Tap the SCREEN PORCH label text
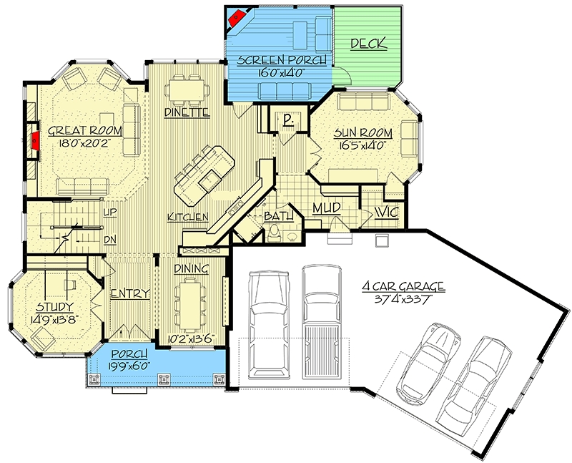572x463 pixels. (281, 60)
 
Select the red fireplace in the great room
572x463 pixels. (35, 140)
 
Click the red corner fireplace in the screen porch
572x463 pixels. (237, 16)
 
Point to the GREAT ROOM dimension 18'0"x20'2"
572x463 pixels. (84, 142)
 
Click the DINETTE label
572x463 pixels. (187, 112)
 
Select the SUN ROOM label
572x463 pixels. (363, 133)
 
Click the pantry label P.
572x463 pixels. (289, 120)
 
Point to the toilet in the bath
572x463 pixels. (274, 234)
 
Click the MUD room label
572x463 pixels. (327, 208)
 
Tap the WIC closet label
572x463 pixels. (386, 212)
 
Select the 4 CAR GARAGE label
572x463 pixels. (403, 287)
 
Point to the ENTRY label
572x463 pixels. (130, 293)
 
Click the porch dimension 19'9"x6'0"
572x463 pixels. (129, 366)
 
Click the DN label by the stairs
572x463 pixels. (110, 240)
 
